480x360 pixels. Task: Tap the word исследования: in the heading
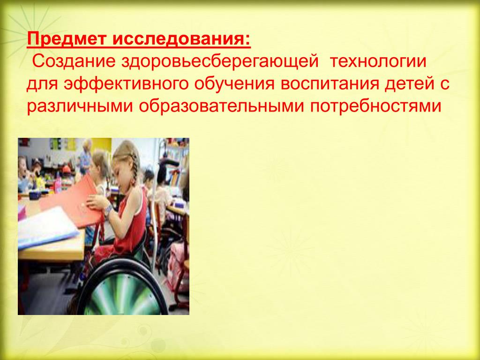click(181, 39)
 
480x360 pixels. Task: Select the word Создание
click(74, 61)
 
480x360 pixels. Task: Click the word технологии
click(378, 61)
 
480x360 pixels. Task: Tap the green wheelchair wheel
click(122, 288)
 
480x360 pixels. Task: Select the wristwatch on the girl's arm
click(108, 210)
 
